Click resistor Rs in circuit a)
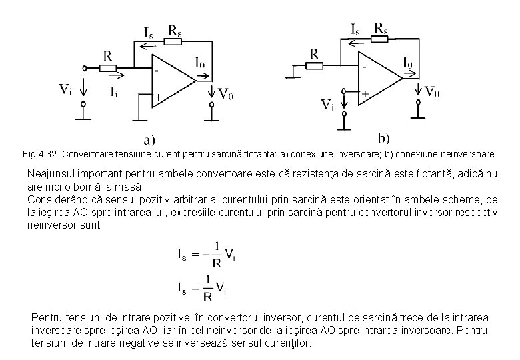point(172,41)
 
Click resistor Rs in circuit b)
point(381,39)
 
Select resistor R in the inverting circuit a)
point(107,67)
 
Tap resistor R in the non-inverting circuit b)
point(314,65)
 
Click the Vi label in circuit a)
point(65,89)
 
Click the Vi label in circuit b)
point(327,104)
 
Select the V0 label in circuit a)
point(226,93)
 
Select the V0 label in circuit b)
point(432,91)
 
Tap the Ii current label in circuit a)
point(115,93)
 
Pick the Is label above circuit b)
point(356,29)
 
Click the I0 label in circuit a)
point(200,63)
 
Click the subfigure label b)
point(384,138)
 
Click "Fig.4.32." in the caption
point(41,154)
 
